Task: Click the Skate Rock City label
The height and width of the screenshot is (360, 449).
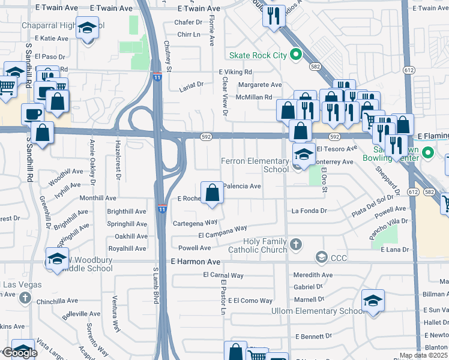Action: pos(257,55)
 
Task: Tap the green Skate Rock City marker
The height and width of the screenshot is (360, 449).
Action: pos(295,55)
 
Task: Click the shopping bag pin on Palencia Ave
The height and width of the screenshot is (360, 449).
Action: pos(212,193)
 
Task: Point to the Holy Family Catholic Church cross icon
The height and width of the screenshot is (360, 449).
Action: pos(295,244)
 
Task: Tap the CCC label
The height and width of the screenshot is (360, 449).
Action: pos(339,258)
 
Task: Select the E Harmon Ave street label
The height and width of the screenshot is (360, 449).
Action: pos(196,262)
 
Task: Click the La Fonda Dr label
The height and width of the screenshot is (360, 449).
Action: pos(309,211)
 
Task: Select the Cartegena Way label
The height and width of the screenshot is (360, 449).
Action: pos(194,221)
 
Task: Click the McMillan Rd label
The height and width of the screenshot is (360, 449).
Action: pos(254,97)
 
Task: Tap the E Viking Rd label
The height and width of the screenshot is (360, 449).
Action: pos(235,72)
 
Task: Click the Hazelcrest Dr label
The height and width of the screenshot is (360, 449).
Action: pos(118,160)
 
